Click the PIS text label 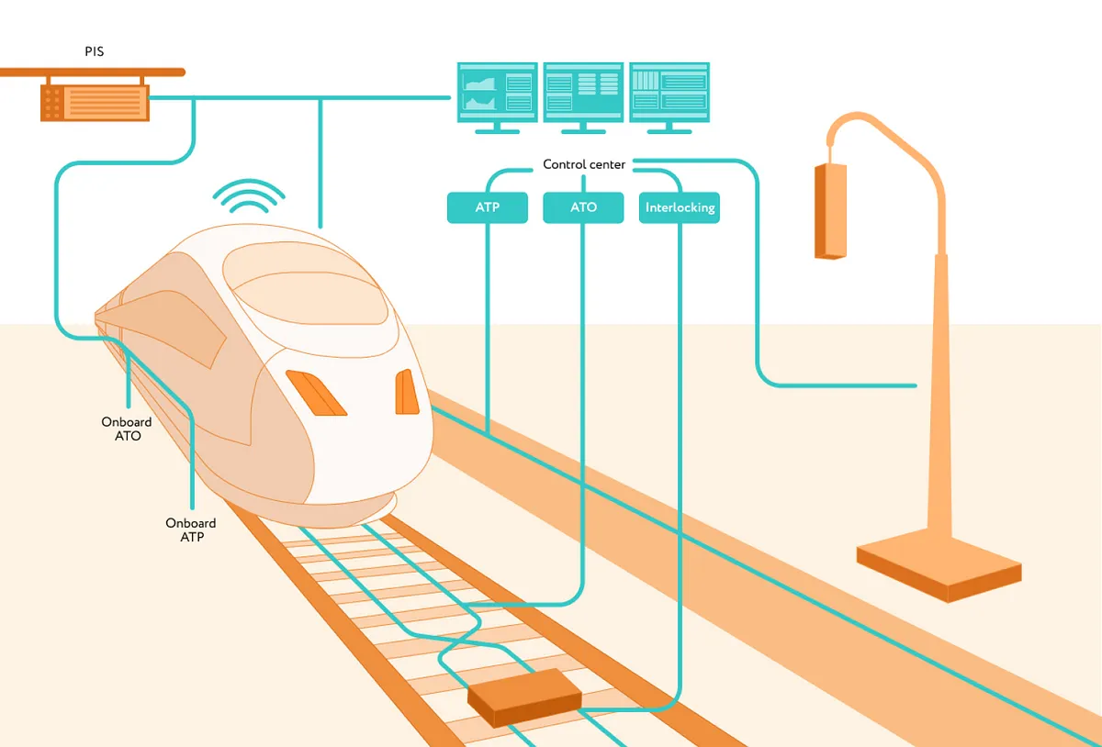94,51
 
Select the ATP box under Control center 488,207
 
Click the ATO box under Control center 583,207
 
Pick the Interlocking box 680,207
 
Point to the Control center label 584,164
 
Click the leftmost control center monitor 497,92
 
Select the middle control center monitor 583,92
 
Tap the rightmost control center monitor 669,92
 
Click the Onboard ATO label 127,429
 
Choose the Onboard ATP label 191,530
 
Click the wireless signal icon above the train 249,195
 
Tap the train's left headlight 315,392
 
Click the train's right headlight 406,392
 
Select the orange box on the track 524,697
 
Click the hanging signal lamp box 830,211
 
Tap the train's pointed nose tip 99,317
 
